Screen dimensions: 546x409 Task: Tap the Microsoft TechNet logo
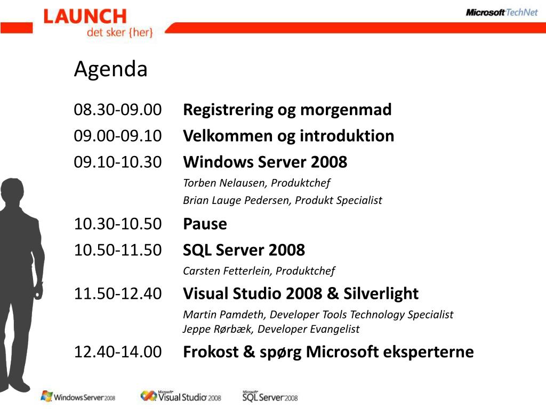(502, 13)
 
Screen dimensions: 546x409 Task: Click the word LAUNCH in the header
(85, 17)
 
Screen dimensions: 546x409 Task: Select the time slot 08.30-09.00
(118, 110)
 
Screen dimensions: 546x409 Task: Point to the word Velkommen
(228, 136)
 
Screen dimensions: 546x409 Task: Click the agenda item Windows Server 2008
(265, 162)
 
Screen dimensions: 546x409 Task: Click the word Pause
(205, 224)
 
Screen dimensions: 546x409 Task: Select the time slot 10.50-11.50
(118, 250)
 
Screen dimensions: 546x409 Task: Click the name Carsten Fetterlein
(227, 271)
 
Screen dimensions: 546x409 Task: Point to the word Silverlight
(381, 294)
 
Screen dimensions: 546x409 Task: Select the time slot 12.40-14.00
(118, 352)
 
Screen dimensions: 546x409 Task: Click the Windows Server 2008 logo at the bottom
(78, 396)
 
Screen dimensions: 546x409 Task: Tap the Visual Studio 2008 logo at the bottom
(181, 396)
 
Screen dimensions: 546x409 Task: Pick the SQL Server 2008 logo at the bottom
(270, 396)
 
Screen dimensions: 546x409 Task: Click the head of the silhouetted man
(12, 191)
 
